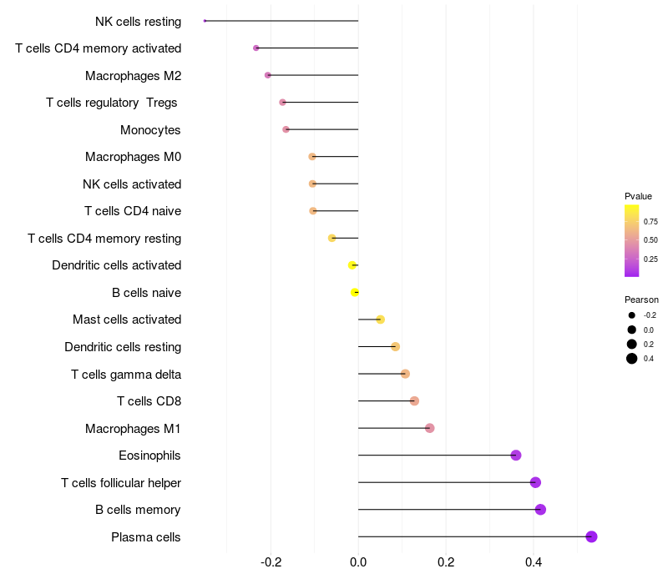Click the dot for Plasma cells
[591, 536]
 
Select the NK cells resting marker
[205, 21]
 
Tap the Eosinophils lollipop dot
[516, 455]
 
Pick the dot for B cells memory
[540, 510]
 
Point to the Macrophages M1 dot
[429, 428]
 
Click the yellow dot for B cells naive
[355, 292]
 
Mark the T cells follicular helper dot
[535, 482]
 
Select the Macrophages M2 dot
[267, 75]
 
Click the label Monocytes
[150, 130]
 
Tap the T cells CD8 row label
[149, 401]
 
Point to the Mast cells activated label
[127, 320]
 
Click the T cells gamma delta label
[126, 374]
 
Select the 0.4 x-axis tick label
[534, 562]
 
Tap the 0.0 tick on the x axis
[358, 562]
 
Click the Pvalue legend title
[638, 196]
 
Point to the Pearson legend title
[641, 300]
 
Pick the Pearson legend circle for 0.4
[632, 359]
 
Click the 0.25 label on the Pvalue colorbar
[650, 259]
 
